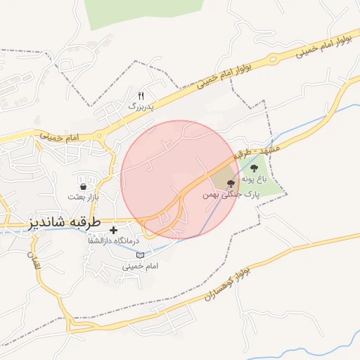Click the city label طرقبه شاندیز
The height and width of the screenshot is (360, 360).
(x=65, y=223)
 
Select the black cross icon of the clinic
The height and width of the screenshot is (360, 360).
(x=114, y=230)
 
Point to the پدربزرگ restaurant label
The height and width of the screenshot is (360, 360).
(x=140, y=105)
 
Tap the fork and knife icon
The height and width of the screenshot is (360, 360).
(x=141, y=96)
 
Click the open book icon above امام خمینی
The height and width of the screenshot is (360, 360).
(x=139, y=255)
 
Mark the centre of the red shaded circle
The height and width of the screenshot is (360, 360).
(x=179, y=179)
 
